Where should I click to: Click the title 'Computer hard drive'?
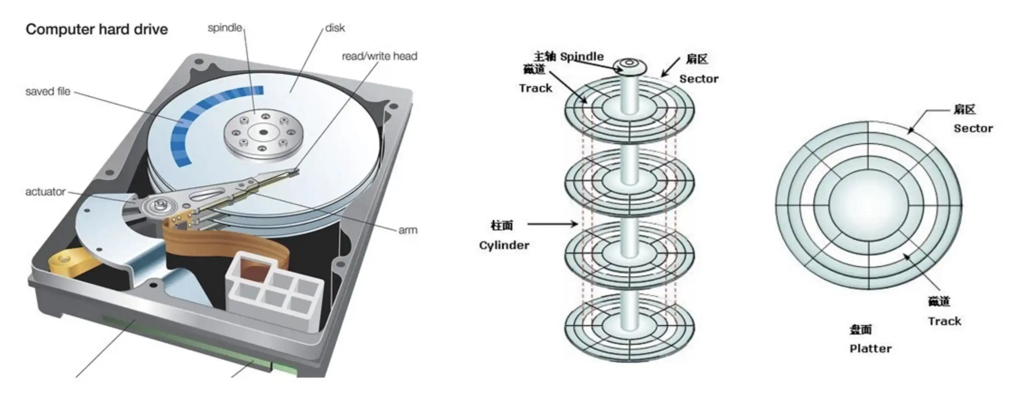97,30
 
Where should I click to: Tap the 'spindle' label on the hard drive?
225,28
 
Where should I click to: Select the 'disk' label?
335,28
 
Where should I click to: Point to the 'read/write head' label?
379,56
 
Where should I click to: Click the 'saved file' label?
48,92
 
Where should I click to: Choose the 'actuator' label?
45,192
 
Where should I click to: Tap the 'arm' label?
407,230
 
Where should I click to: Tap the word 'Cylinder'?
504,245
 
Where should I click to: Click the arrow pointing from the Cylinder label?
553,224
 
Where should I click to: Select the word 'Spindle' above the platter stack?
582,57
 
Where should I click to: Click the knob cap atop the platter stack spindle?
629,66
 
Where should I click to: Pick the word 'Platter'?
871,349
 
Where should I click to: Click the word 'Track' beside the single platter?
944,321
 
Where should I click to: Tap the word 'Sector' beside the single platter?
973,129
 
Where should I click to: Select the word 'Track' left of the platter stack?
535,88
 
